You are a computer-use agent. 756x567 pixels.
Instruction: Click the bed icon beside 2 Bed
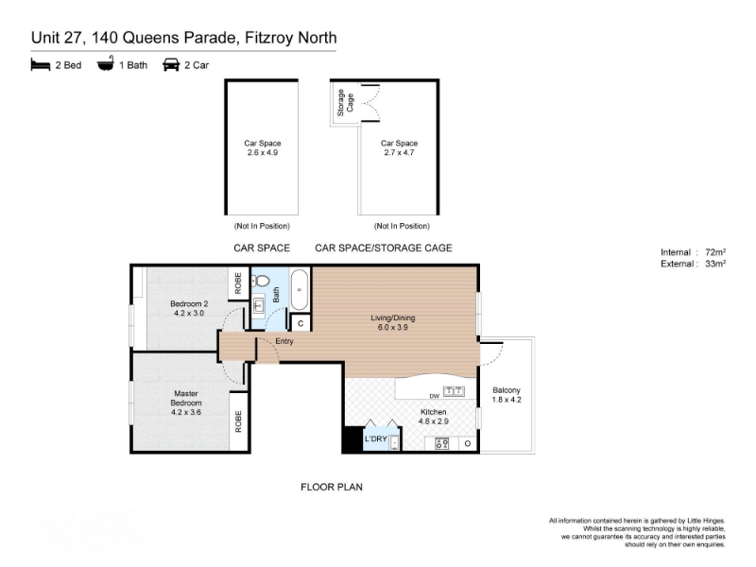[x=41, y=64]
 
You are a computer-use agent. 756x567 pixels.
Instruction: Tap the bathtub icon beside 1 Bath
[x=106, y=63]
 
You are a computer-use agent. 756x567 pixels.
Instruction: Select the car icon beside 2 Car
[x=171, y=64]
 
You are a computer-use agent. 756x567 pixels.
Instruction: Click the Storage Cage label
[x=345, y=102]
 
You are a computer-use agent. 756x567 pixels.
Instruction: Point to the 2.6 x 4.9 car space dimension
[x=263, y=152]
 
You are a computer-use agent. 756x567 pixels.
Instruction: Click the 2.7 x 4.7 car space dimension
[x=399, y=152]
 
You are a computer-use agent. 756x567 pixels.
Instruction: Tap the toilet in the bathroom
[x=261, y=281]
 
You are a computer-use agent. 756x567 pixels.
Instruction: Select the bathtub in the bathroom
[x=300, y=289]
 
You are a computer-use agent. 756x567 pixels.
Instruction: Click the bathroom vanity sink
[x=258, y=305]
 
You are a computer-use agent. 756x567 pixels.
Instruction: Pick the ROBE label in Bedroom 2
[x=238, y=283]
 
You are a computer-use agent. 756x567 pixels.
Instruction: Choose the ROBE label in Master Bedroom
[x=238, y=421]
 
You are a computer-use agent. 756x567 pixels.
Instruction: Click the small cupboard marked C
[x=301, y=323]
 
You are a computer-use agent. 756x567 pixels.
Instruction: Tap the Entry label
[x=284, y=341]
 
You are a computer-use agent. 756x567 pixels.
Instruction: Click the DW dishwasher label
[x=435, y=396]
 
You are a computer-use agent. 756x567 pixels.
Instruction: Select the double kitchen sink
[x=454, y=391]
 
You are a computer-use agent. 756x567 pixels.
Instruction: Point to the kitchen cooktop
[x=442, y=443]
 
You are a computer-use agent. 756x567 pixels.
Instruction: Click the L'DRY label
[x=375, y=438]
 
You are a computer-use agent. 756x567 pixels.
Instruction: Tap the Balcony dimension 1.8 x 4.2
[x=507, y=400]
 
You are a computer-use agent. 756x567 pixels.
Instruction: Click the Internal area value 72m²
[x=715, y=252]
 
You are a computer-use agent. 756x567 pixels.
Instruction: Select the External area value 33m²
[x=715, y=264]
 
